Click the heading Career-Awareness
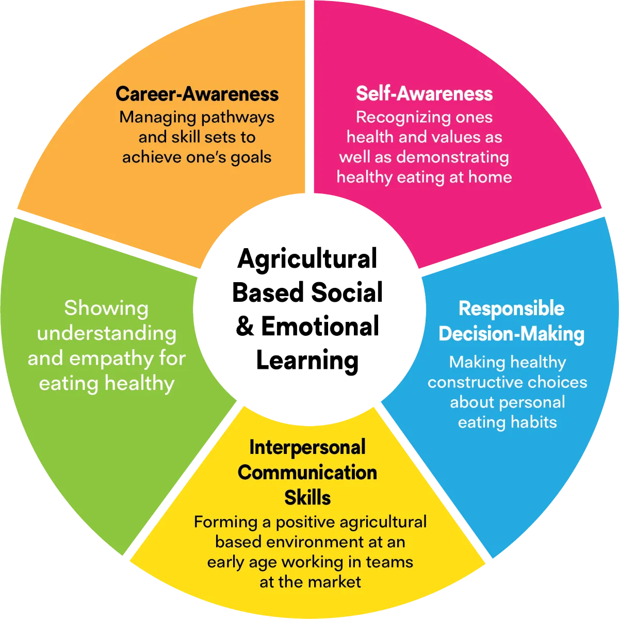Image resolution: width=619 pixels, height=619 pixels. pyautogui.click(x=197, y=94)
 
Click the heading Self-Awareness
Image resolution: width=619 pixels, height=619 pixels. pyautogui.click(x=424, y=93)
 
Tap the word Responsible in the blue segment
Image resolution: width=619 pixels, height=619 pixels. pyautogui.click(x=511, y=308)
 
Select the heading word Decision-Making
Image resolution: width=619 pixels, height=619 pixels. pyautogui.click(x=511, y=334)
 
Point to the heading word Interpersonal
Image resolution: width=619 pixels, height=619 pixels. pyautogui.click(x=307, y=447)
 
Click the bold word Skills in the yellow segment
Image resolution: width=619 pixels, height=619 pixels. pyautogui.click(x=307, y=498)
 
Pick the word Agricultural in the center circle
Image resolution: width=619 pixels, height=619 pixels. pyautogui.click(x=307, y=258)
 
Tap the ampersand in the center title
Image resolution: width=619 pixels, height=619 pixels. pyautogui.click(x=245, y=327)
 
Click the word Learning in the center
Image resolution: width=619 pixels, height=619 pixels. pyautogui.click(x=307, y=361)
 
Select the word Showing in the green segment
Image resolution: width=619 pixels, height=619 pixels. pyautogui.click(x=106, y=308)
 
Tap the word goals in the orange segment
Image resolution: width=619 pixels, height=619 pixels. pyautogui.click(x=251, y=157)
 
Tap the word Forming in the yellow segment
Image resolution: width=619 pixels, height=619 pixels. pyautogui.click(x=225, y=522)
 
